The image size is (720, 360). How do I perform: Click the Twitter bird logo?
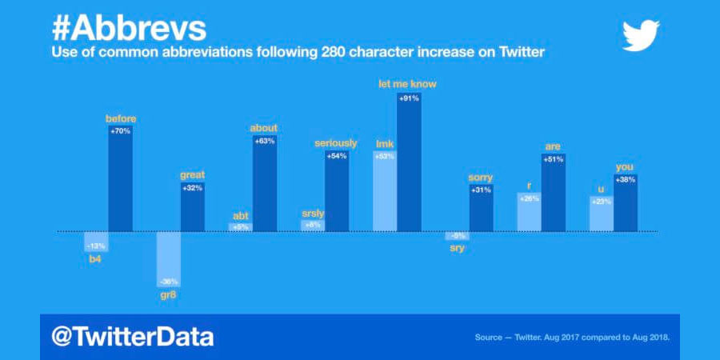(641, 35)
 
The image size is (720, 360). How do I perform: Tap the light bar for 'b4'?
(96, 242)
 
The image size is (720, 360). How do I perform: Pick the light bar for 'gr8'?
(168, 259)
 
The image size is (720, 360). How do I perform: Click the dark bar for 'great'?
(192, 206)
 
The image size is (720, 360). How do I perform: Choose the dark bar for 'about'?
(264, 183)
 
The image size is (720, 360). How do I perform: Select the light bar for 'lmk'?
(385, 191)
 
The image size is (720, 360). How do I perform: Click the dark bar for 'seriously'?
(337, 191)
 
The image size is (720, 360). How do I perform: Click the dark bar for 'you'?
(625, 203)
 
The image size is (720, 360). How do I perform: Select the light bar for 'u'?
(601, 214)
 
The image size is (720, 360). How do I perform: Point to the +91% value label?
(409, 98)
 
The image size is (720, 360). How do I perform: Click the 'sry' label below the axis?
(457, 248)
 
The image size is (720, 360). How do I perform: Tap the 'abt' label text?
(240, 214)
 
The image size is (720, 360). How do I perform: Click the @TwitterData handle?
(133, 337)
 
